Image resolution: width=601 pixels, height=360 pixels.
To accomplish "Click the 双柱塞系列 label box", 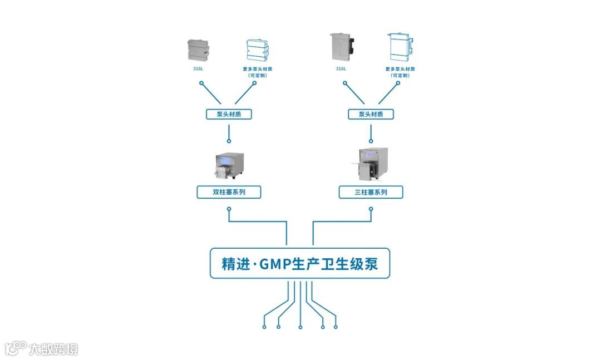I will pyautogui.click(x=229, y=193).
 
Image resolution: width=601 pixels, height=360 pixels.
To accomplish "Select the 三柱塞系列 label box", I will pyautogui.click(x=371, y=193).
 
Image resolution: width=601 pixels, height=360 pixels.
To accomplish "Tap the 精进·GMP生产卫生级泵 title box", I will pyautogui.click(x=299, y=263).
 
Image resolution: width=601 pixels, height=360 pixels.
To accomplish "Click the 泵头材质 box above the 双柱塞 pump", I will pyautogui.click(x=229, y=114).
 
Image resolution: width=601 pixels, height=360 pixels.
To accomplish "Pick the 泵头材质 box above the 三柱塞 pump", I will pyautogui.click(x=371, y=114).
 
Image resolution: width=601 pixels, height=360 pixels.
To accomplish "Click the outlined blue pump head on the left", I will pyautogui.click(x=257, y=50).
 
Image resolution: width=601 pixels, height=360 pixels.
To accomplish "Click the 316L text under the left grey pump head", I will pyautogui.click(x=199, y=69).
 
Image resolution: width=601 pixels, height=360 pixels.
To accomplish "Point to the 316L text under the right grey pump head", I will pyautogui.click(x=341, y=69).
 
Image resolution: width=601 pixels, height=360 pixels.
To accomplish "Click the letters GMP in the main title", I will pyautogui.click(x=275, y=263).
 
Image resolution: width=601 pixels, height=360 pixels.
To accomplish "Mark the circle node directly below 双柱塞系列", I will pyautogui.click(x=229, y=209).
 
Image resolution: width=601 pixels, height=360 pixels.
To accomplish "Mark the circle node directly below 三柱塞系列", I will pyautogui.click(x=371, y=209).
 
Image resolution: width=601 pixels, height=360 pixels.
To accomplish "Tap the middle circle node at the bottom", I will pyautogui.click(x=300, y=327).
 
